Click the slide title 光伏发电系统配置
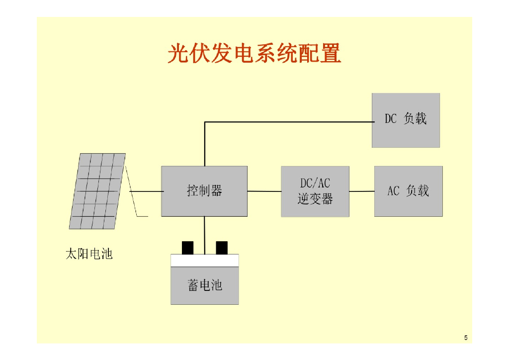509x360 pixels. coord(254,53)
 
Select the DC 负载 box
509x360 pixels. coord(406,120)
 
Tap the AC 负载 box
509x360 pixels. coord(408,191)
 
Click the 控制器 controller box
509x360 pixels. coord(204,191)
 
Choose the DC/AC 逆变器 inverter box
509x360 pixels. coord(315,191)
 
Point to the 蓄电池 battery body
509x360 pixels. coord(204,285)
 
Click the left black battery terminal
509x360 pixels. coord(188,247)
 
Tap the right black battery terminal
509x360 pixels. coord(222,247)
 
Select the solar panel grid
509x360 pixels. coord(97,191)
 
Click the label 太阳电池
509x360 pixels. coord(89,254)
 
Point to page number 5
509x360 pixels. coord(466,338)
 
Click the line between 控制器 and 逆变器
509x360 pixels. coord(264,191)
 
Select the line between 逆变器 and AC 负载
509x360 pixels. coord(361,191)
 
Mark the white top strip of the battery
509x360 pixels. coord(204,260)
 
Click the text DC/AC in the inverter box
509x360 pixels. coord(315,183)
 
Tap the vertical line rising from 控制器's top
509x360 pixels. coord(204,144)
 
